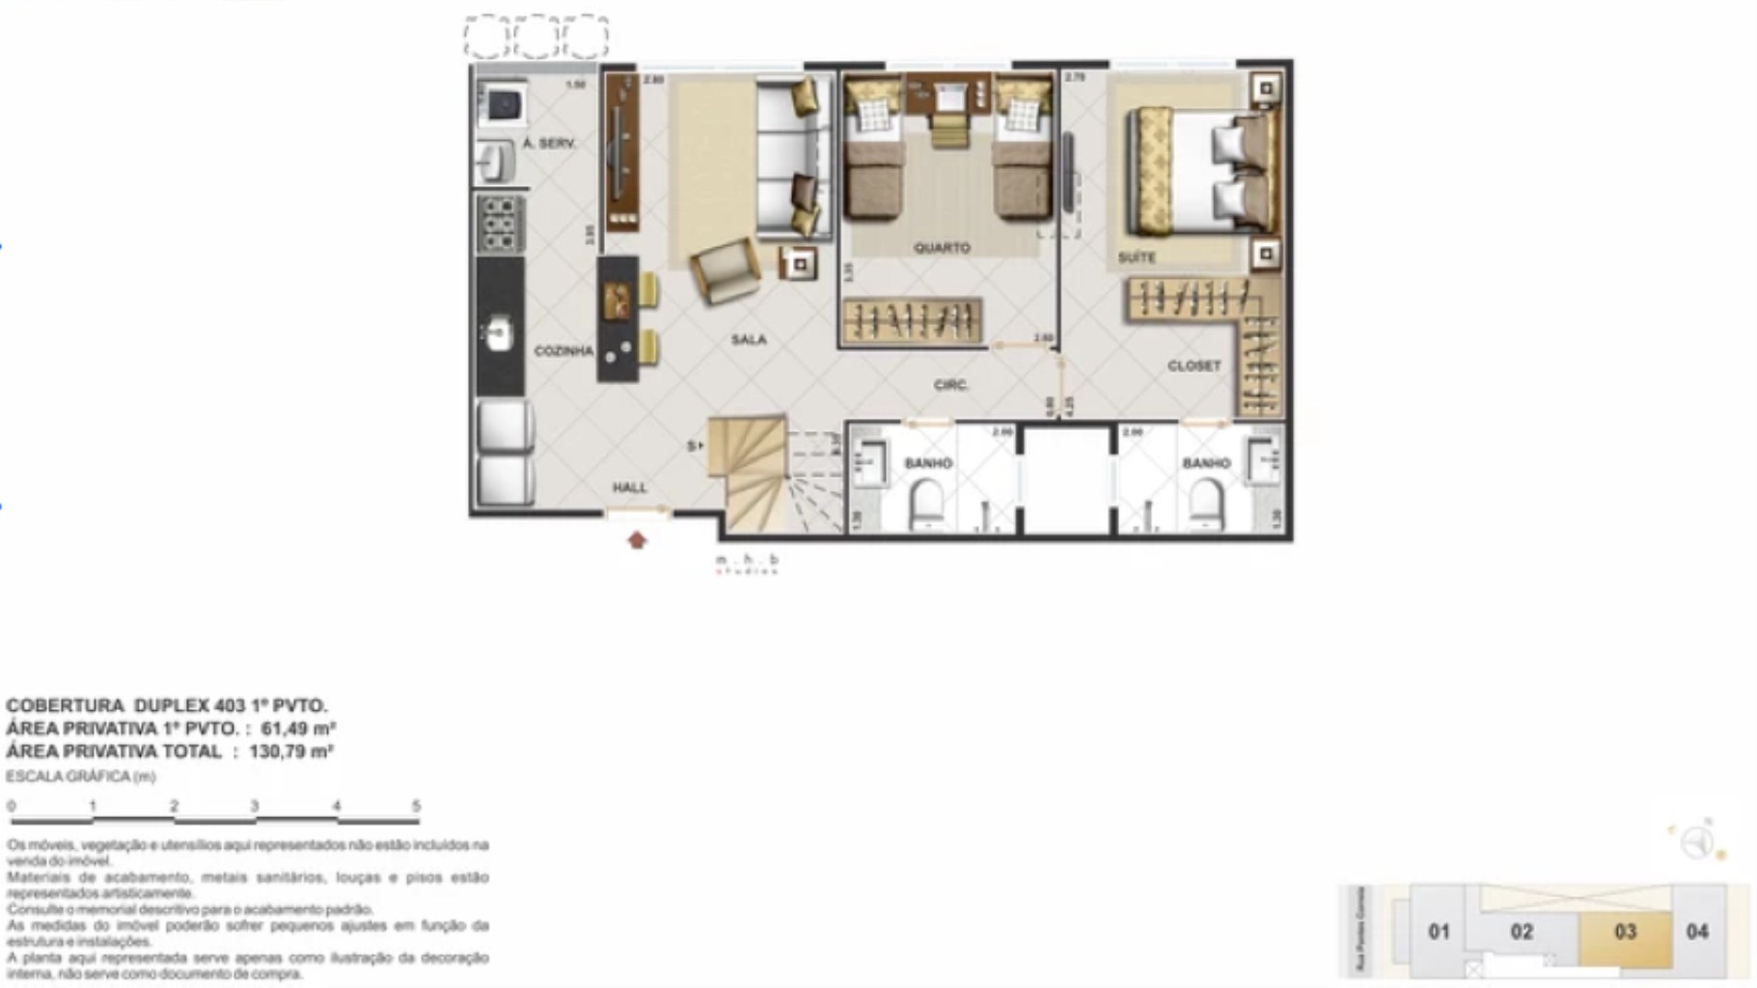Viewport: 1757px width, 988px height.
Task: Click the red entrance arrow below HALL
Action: [x=637, y=540]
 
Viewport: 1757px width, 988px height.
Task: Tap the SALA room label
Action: [x=748, y=340]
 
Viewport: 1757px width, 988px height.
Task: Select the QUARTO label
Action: [x=942, y=248]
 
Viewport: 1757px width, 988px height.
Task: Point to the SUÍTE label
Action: [x=1137, y=258]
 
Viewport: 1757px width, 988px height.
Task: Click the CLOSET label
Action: [x=1194, y=366]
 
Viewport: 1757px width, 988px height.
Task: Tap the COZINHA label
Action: [x=563, y=351]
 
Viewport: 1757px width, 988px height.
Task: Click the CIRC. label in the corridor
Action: [x=950, y=385]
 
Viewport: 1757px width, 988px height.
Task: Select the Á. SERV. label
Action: [x=549, y=144]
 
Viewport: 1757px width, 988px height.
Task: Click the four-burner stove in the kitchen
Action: [x=500, y=223]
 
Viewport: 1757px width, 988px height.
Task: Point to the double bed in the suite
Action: [x=1201, y=171]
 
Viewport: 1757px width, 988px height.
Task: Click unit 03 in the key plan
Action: [x=1625, y=932]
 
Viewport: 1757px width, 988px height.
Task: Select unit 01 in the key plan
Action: [x=1439, y=932]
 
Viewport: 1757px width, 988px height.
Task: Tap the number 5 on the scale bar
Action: [x=416, y=806]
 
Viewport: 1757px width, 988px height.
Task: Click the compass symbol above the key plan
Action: [x=1696, y=842]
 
